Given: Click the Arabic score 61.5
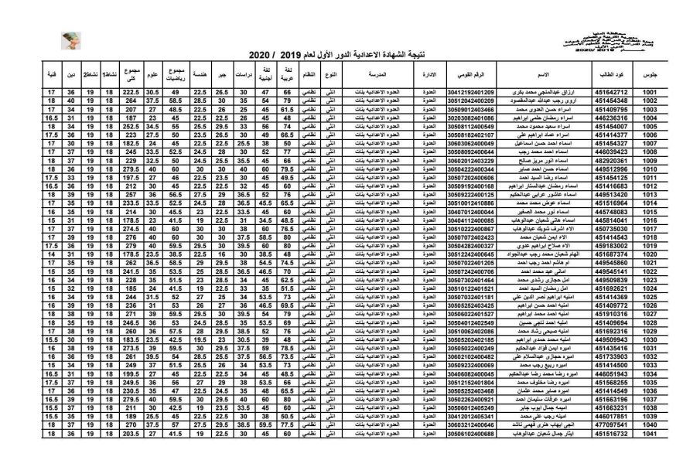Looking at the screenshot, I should [x=288, y=110].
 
